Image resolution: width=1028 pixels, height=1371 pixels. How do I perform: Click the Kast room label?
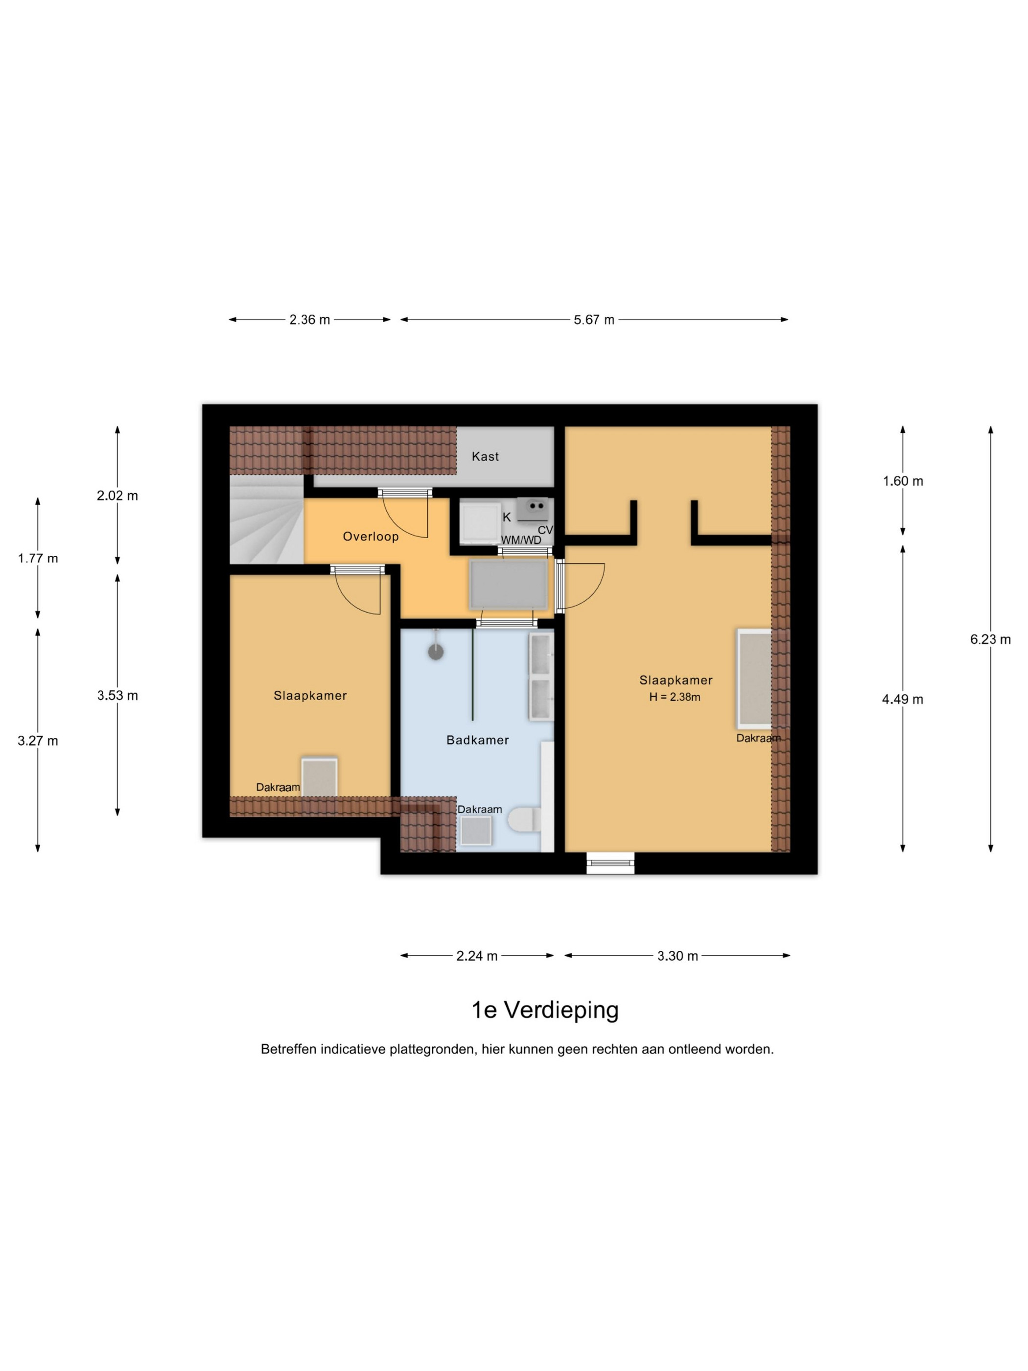pos(485,457)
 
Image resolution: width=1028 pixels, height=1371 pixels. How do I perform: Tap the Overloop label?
pos(371,536)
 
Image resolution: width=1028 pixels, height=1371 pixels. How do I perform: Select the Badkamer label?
pos(477,740)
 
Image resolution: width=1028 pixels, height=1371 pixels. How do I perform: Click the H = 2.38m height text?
pos(675,697)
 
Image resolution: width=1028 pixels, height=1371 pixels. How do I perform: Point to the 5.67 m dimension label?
pos(594,320)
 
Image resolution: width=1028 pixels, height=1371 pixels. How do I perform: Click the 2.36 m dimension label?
pos(310,320)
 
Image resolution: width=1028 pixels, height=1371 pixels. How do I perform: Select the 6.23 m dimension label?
pos(990,639)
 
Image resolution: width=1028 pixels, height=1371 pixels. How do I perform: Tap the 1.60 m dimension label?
pos(903,481)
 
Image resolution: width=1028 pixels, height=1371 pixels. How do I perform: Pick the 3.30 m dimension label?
pos(678,956)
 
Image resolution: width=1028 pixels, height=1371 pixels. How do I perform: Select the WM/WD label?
pos(521,540)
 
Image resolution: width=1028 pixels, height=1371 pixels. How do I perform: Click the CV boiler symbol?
pos(533,510)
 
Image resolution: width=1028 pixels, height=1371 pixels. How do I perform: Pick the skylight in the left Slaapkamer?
pos(319,776)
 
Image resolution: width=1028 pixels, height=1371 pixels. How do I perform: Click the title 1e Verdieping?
pos(545,1010)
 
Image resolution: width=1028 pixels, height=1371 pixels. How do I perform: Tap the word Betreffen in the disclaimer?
pos(289,1049)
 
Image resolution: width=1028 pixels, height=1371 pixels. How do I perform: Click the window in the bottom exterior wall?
pos(610,863)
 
